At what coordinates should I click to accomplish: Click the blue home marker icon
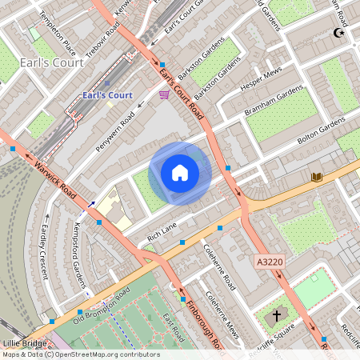(180, 172)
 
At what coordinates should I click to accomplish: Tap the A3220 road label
(270, 262)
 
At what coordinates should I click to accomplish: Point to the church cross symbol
(277, 316)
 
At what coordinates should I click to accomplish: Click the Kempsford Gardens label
(80, 254)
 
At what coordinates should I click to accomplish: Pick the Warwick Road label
(54, 182)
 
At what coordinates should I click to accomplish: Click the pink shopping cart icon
(164, 94)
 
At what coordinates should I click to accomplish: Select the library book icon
(317, 177)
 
